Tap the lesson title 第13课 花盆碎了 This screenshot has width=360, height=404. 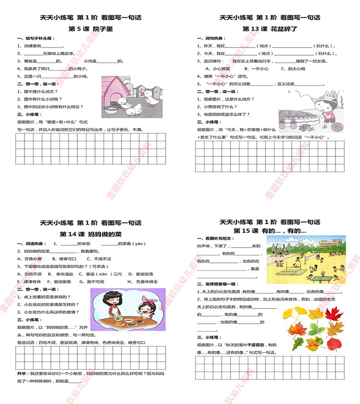click(x=270, y=29)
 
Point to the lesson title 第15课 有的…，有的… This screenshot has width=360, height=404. click(x=270, y=231)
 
